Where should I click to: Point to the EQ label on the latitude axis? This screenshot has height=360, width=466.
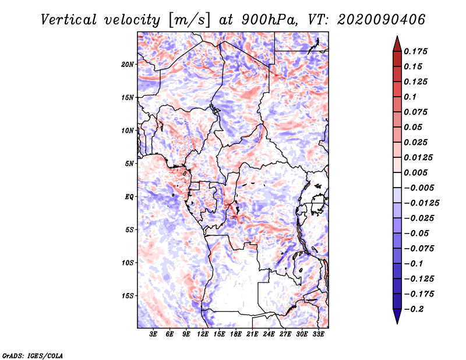pos(129,197)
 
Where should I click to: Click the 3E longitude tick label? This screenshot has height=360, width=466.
pos(154,335)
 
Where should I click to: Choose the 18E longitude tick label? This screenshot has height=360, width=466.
pos(236,335)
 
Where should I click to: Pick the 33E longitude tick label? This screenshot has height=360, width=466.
pos(319,335)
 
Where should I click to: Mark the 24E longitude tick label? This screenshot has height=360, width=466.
pos(269,335)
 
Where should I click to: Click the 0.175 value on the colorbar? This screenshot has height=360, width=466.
pos(416,51)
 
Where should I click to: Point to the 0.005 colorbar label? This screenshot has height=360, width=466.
pos(416,173)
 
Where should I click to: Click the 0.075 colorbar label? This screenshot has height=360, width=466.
pos(416,112)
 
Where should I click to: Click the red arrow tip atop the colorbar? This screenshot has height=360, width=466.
pos(397,41)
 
